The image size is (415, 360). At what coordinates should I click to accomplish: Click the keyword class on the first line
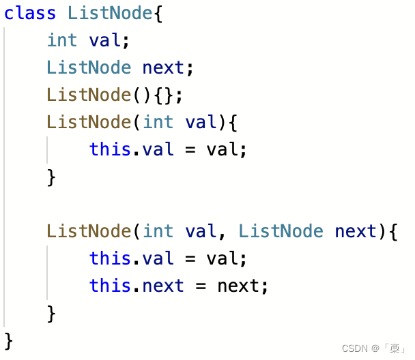31,13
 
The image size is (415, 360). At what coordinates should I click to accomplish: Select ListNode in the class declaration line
111,13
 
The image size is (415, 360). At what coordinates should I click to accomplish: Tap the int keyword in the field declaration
62,40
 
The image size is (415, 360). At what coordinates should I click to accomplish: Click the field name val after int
104,40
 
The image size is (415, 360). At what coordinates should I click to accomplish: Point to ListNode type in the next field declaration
89,67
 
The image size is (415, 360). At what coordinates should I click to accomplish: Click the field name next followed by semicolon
163,67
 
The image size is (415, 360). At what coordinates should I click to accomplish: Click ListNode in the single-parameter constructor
89,122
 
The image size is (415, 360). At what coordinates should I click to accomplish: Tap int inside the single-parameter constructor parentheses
158,122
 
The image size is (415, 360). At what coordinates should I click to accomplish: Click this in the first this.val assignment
110,149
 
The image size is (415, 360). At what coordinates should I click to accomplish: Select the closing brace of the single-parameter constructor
51,177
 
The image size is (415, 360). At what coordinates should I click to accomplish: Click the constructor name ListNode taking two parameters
89,231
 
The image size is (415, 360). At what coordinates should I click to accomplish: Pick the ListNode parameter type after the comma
281,231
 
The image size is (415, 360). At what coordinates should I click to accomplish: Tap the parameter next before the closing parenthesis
356,231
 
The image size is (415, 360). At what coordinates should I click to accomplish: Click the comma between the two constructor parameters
221,234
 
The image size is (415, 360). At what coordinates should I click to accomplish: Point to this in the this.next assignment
110,286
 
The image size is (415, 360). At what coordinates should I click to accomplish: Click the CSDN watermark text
354,348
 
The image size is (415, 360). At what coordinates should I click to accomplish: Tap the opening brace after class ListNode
158,13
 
